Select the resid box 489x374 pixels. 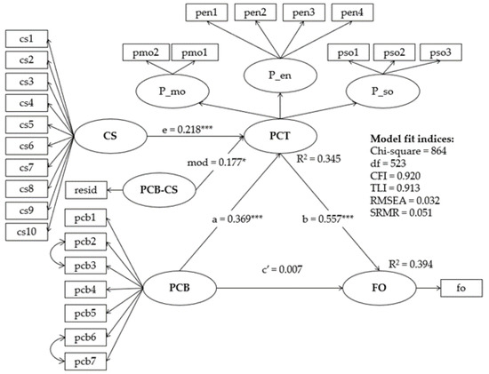click(86, 189)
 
